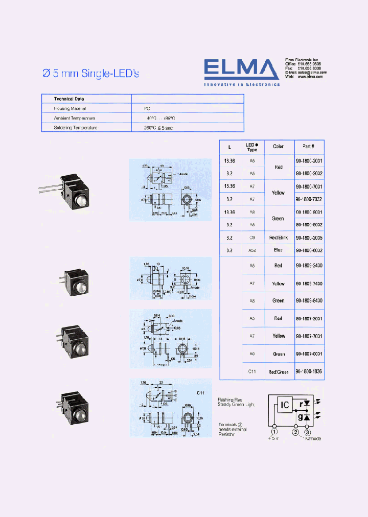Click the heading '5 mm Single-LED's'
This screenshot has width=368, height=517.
(x=90, y=74)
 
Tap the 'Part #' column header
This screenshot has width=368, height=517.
(x=308, y=147)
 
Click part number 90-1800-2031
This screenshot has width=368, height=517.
(x=309, y=160)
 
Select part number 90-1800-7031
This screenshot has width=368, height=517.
(x=309, y=186)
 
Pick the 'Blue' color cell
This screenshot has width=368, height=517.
(x=278, y=250)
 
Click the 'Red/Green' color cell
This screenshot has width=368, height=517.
(x=278, y=371)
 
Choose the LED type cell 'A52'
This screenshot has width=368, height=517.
(x=251, y=250)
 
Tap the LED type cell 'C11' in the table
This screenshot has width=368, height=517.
(x=251, y=371)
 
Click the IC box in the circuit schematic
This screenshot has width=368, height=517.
(x=285, y=405)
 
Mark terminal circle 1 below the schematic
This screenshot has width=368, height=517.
(x=274, y=432)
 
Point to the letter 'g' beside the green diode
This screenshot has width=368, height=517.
(x=301, y=417)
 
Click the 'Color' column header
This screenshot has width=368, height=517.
(x=278, y=147)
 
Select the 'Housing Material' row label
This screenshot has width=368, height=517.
(x=70, y=108)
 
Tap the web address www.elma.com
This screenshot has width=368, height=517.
(x=310, y=77)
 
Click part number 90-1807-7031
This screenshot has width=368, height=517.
(x=309, y=336)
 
